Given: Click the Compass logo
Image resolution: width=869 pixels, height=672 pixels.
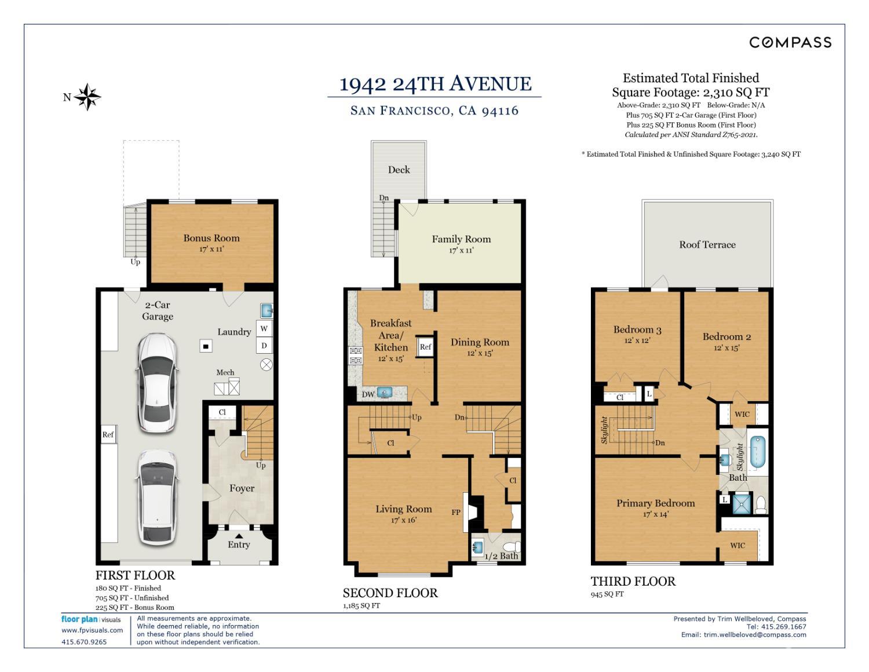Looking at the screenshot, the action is click(x=790, y=42).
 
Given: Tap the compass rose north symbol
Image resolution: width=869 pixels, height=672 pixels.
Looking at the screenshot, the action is click(x=87, y=97).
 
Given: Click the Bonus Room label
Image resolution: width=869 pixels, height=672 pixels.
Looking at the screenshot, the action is click(x=211, y=238).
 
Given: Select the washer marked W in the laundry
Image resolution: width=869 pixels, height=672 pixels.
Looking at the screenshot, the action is click(x=264, y=329).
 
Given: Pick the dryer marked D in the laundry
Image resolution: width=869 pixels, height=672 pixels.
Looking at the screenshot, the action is click(x=264, y=346).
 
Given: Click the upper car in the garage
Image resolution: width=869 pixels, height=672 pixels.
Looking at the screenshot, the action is click(x=157, y=383).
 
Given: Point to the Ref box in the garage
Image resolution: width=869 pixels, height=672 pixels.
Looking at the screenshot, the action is click(x=108, y=434).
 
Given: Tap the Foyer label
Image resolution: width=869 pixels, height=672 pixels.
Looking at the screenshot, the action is click(x=242, y=488).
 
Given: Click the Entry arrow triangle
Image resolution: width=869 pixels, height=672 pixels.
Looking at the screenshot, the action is click(x=239, y=536).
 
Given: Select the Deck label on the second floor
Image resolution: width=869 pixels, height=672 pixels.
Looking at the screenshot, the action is click(x=399, y=170).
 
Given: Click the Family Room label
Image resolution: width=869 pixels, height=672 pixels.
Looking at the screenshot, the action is click(x=461, y=239).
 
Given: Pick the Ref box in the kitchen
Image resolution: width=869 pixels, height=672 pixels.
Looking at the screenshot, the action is click(x=425, y=347).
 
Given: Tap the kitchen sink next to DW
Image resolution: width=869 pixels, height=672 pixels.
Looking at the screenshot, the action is click(x=385, y=392).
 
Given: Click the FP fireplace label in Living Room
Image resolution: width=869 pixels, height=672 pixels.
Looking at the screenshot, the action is click(x=456, y=512).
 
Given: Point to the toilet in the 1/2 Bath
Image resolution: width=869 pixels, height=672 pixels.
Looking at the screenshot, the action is click(x=512, y=547).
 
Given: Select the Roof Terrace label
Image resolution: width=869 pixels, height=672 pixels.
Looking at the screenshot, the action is click(x=707, y=245).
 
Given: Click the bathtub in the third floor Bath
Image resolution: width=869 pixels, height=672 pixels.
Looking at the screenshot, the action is click(x=757, y=452).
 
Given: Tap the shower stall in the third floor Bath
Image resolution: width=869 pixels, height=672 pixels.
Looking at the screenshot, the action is click(x=742, y=504).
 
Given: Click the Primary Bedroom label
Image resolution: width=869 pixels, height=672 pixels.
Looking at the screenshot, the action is click(x=655, y=503).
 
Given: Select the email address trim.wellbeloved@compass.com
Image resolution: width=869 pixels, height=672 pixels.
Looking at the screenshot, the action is click(x=755, y=635).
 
